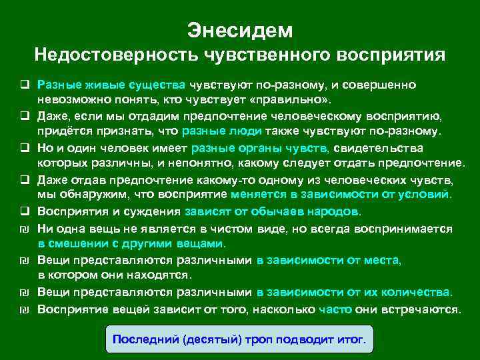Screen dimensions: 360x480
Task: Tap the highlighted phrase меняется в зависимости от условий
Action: tap(341, 195)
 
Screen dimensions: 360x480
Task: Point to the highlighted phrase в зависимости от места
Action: tap(328, 260)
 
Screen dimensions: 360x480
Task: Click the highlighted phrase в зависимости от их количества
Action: tap(354, 292)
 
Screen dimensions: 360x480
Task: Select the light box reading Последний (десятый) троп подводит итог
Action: tap(240, 339)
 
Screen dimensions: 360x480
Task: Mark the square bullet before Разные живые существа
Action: tap(23, 85)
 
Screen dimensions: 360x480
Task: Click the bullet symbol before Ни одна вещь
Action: tap(23, 228)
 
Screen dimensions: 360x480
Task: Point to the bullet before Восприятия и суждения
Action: tap(23, 212)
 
